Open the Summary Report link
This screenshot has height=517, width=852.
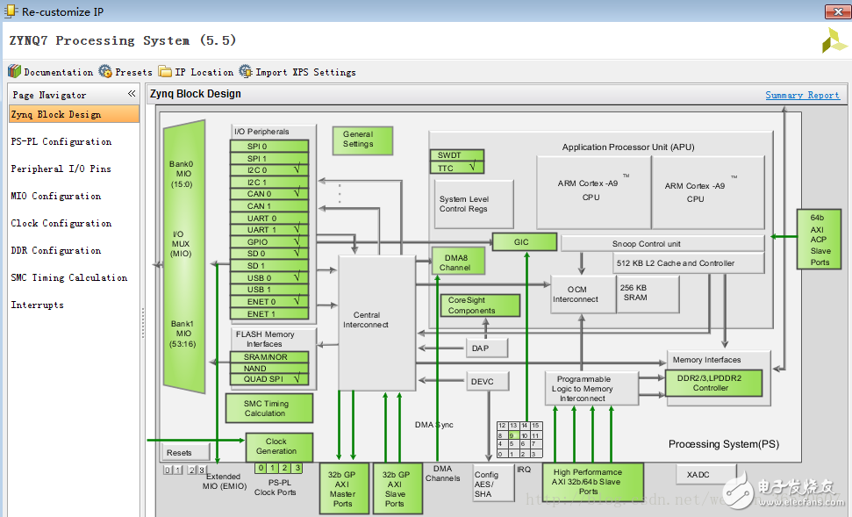point(802,95)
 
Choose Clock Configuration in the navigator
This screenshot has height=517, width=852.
point(61,223)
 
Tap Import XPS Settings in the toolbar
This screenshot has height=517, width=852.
point(297,72)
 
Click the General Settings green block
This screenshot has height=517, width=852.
point(362,140)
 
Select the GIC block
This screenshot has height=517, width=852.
point(524,242)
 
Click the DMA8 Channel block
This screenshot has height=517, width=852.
point(457,262)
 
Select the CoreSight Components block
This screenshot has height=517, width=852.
point(479,305)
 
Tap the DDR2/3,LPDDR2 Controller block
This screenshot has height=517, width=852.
point(713,383)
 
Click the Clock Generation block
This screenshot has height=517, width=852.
point(278,447)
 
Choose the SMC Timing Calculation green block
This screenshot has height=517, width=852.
point(267,408)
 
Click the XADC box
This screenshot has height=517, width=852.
point(699,474)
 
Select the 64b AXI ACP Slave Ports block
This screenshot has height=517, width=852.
point(819,239)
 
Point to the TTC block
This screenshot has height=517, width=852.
point(456,167)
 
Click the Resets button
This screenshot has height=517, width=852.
point(185,452)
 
